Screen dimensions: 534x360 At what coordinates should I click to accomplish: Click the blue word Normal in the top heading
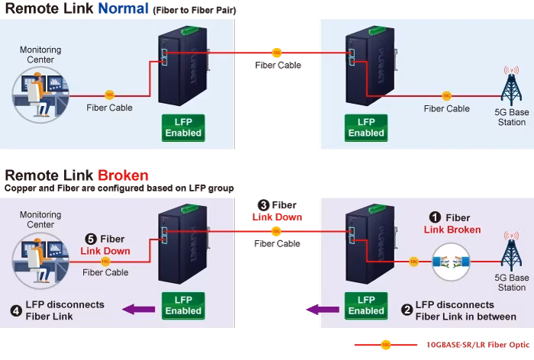click(x=124, y=8)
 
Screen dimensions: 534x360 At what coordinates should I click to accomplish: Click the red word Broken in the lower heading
click(x=124, y=175)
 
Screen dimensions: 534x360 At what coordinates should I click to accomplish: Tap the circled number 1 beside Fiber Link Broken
click(x=435, y=217)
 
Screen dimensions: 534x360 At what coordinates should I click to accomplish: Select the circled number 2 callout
click(x=407, y=310)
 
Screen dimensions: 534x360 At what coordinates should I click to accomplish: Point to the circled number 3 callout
click(x=263, y=205)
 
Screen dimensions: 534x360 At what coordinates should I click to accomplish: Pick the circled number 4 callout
click(x=16, y=310)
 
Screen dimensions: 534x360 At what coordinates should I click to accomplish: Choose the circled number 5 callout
click(x=91, y=239)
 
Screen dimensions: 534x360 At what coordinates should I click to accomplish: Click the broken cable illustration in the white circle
click(x=451, y=262)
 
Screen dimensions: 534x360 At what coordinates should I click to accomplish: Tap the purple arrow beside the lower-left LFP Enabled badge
click(x=138, y=309)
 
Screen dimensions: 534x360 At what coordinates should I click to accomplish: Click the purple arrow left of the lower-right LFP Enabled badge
click(x=323, y=310)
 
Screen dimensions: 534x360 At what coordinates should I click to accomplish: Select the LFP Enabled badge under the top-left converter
click(x=183, y=127)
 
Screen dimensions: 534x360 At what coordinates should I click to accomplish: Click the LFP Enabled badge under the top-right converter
click(x=366, y=127)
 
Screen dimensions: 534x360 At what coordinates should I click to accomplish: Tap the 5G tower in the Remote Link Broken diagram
click(x=512, y=252)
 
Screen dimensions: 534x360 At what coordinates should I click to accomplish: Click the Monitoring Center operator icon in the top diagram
click(x=40, y=95)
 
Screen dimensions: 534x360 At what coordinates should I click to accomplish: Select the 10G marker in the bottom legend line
click(x=386, y=345)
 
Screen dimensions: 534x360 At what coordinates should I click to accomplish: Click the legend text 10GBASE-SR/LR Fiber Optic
click(x=478, y=345)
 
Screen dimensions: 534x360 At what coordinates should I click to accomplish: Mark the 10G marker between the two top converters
click(x=277, y=53)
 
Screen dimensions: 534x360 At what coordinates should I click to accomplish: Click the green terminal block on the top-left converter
click(x=190, y=31)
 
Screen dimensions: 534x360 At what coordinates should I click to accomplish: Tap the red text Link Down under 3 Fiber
click(x=277, y=217)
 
